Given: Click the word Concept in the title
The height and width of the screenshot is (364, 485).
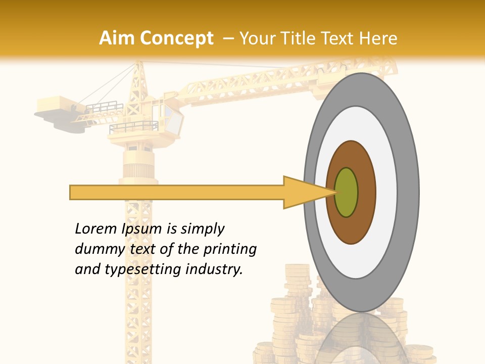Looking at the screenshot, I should point(176,38).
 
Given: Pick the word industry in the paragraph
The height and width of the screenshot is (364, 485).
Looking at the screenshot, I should point(214,269).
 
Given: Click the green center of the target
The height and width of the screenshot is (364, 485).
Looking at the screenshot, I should point(347,193).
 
